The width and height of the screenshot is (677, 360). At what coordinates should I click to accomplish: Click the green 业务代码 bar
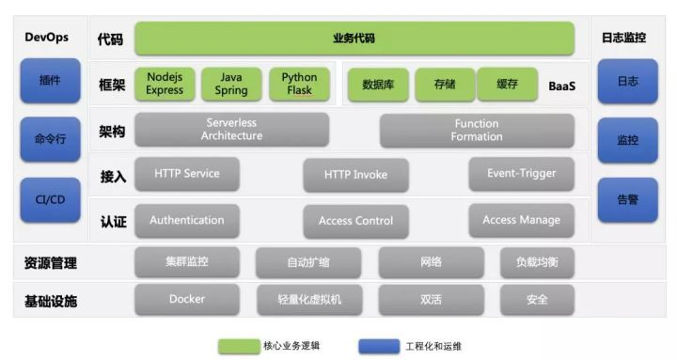(x=354, y=39)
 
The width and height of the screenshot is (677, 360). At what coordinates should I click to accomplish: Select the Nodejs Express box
(x=165, y=84)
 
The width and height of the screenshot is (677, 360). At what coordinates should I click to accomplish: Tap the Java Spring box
(x=231, y=84)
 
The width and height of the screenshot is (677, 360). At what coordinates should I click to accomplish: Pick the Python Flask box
(x=299, y=84)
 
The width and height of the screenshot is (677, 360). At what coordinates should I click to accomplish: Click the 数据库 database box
(x=378, y=85)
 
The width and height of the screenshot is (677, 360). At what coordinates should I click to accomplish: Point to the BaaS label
(x=561, y=86)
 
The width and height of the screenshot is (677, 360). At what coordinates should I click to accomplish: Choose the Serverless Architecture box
(x=231, y=130)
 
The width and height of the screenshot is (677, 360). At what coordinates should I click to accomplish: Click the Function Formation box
(x=476, y=130)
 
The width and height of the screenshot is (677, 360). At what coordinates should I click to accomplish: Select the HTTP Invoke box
(x=355, y=175)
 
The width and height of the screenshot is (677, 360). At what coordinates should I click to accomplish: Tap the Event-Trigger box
(x=521, y=174)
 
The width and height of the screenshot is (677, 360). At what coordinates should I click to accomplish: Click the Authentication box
(x=186, y=221)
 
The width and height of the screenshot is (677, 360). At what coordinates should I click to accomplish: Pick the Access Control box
(x=355, y=221)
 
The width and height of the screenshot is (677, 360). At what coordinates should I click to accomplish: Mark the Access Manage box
(x=521, y=221)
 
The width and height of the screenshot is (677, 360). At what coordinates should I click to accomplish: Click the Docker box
(x=186, y=300)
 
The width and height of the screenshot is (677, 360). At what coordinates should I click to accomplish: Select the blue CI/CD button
(x=50, y=199)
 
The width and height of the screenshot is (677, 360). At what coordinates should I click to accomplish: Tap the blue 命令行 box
(x=50, y=140)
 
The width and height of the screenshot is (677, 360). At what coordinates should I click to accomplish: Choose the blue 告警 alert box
(x=627, y=199)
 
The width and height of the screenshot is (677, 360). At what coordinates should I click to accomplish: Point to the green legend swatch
(x=239, y=346)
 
